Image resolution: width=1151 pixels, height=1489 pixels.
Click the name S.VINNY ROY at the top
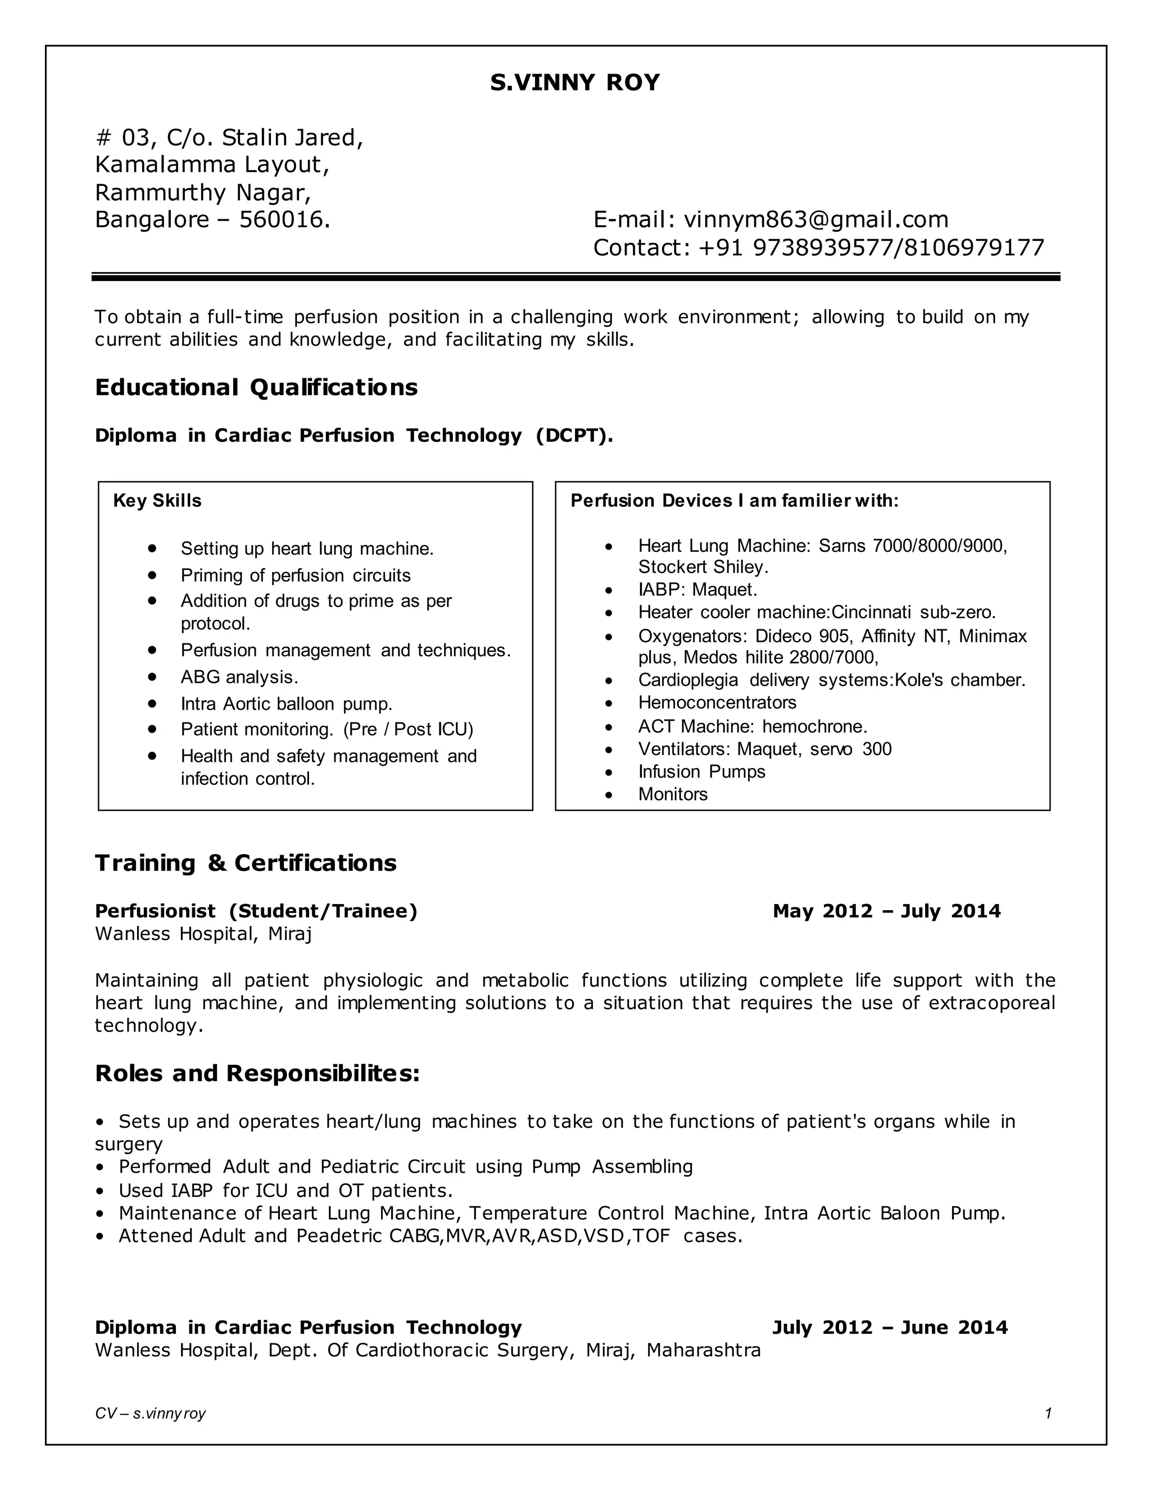click(x=575, y=83)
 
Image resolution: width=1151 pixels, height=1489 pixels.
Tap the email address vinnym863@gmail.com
click(x=815, y=220)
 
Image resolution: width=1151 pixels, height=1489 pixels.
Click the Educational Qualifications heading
click(x=256, y=387)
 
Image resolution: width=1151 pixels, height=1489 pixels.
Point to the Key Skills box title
click(x=157, y=501)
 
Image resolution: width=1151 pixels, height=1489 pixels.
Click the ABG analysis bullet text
click(x=239, y=677)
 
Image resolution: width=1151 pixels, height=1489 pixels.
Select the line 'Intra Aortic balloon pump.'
click(x=287, y=703)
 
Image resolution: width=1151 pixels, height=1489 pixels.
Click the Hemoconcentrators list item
click(x=717, y=702)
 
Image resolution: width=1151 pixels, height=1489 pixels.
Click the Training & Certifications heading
click(x=246, y=863)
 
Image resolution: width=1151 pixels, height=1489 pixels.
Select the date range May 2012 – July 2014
click(x=886, y=911)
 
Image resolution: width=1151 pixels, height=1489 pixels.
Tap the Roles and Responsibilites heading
click(x=257, y=1073)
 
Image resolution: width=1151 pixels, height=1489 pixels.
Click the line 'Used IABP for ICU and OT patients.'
click(x=286, y=1191)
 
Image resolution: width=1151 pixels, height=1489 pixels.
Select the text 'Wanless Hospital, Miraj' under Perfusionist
click(x=203, y=933)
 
